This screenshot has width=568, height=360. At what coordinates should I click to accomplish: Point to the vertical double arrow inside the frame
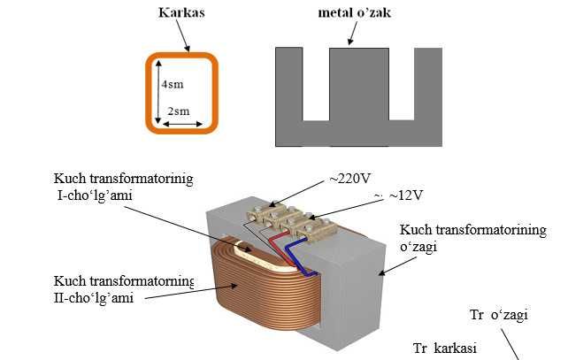158,92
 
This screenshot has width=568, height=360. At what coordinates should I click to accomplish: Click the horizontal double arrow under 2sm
184,124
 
